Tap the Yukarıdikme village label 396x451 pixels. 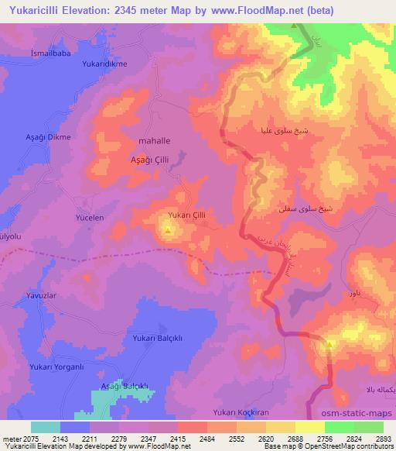104,63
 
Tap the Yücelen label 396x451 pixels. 89,219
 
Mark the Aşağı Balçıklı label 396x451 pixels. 124,385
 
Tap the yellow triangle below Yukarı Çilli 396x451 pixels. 168,229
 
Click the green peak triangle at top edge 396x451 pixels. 294,27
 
